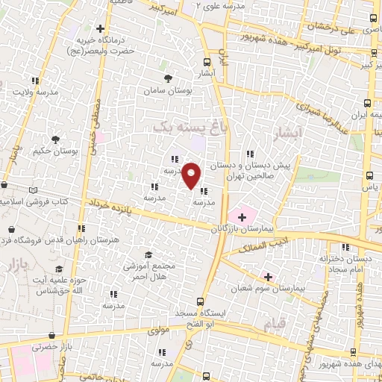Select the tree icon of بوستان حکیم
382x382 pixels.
point(55,139)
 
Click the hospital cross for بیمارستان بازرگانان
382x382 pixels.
point(242,216)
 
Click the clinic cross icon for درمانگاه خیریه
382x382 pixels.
point(100,29)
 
